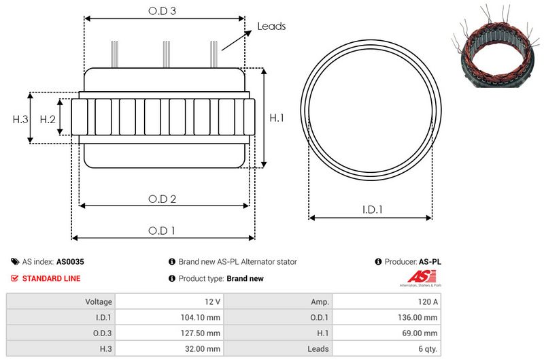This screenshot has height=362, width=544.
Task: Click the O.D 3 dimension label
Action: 163,11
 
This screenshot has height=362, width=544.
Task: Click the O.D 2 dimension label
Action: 163,199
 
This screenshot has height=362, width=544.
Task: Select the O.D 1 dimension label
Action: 162,231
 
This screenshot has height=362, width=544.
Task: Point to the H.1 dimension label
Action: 277,118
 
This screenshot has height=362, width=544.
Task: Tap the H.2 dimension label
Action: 48,119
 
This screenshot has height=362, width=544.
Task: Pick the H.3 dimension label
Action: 20,119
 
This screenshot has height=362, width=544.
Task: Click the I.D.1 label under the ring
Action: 371,210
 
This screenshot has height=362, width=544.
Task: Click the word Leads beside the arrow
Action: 271,27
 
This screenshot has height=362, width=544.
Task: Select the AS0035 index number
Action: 70,261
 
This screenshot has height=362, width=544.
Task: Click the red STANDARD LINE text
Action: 51,278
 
